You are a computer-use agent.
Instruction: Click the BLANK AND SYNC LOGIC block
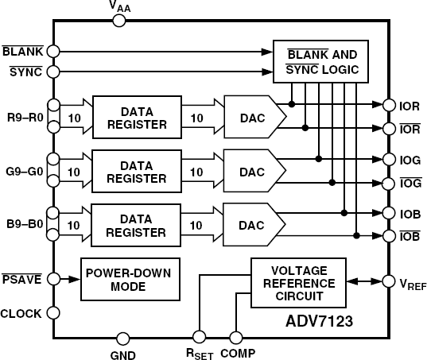(321, 62)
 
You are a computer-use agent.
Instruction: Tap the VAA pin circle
(118, 20)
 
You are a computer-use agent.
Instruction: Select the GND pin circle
(122, 338)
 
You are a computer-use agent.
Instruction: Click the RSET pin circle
(200, 338)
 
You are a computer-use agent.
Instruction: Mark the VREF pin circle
(388, 281)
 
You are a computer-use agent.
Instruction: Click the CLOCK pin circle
(53, 313)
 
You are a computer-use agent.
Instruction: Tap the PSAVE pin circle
(53, 279)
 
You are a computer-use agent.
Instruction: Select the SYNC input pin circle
(53, 72)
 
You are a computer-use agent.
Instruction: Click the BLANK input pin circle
(53, 50)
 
